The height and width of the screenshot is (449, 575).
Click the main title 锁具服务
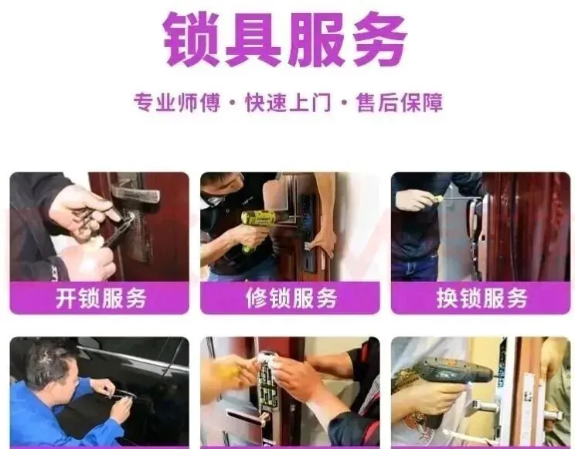coord(285,39)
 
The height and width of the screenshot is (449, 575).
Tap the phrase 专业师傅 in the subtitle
coord(176,102)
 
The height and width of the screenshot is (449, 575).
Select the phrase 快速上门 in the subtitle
coord(287,102)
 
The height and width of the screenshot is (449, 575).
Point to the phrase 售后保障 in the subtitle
coord(400,102)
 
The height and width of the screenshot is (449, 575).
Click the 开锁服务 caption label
coord(100,298)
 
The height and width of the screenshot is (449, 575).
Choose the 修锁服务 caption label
coord(291,298)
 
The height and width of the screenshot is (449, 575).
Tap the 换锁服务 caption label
coord(481,298)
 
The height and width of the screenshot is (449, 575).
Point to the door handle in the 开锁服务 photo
coord(135,193)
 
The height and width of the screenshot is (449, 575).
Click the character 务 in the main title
coord(378,39)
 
